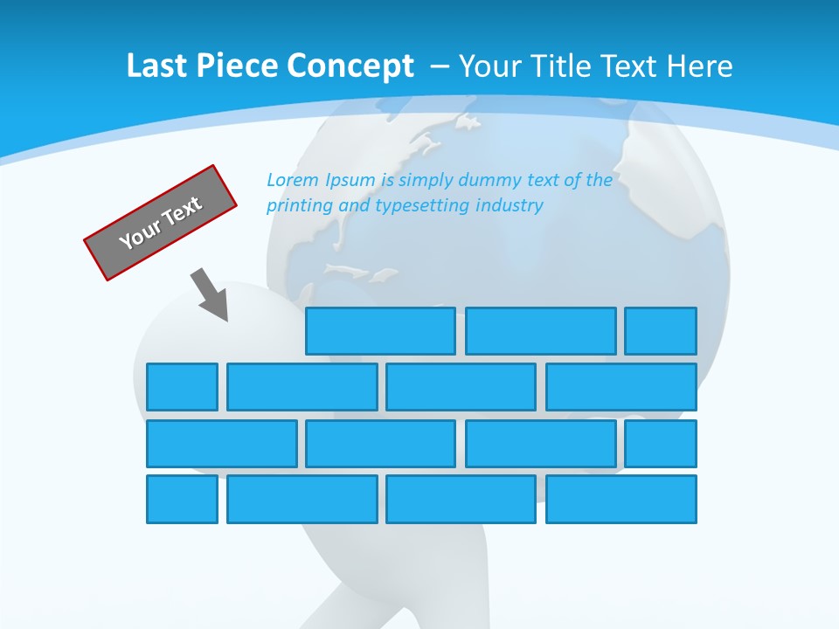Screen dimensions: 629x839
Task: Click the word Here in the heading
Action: pyautogui.click(x=700, y=66)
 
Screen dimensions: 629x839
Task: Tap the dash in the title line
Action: pyautogui.click(x=441, y=67)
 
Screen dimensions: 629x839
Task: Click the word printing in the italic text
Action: pyautogui.click(x=297, y=206)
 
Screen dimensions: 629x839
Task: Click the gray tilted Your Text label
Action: pyautogui.click(x=160, y=223)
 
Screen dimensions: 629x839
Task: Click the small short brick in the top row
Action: pyautogui.click(x=661, y=331)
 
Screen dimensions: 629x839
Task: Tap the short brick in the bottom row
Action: pyautogui.click(x=182, y=500)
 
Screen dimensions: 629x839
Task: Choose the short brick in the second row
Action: pyautogui.click(x=182, y=387)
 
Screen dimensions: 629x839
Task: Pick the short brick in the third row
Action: pyautogui.click(x=661, y=444)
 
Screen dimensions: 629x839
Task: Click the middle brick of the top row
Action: pyautogui.click(x=540, y=331)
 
